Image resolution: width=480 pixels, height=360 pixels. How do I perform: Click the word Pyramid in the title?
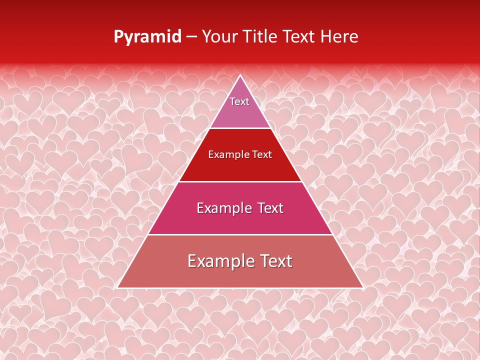click(x=147, y=36)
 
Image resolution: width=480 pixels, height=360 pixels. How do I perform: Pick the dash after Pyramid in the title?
click(x=191, y=37)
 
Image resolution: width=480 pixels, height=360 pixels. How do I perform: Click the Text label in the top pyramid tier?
click(x=239, y=101)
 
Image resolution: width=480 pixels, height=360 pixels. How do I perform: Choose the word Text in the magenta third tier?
click(x=267, y=208)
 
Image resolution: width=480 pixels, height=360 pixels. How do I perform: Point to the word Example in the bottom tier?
click(x=218, y=261)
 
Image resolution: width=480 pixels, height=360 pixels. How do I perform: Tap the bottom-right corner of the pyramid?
click(x=363, y=288)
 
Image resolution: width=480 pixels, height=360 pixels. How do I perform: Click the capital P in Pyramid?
click(x=118, y=36)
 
